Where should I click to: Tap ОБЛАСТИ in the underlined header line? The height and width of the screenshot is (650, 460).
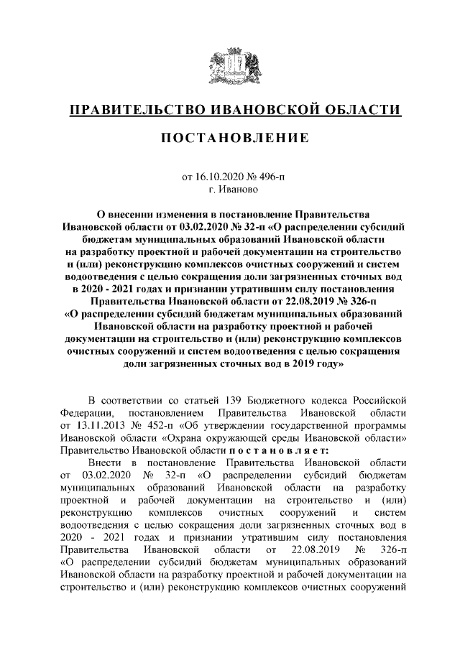coord(359,110)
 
